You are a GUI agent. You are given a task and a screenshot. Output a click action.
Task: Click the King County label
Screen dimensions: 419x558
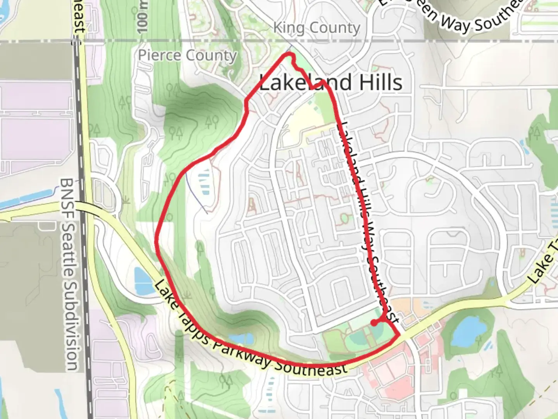pyautogui.click(x=317, y=28)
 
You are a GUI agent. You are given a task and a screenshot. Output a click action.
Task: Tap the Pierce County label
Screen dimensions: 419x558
pyautogui.click(x=188, y=55)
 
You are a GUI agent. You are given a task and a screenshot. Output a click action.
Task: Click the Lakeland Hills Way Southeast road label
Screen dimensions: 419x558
pyautogui.click(x=368, y=222)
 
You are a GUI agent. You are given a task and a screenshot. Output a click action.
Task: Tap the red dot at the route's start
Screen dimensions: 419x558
pyautogui.click(x=373, y=322)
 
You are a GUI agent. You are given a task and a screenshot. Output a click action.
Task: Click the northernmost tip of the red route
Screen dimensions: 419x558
pyautogui.click(x=289, y=55)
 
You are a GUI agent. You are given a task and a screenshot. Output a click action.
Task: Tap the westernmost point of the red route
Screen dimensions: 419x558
pyautogui.click(x=156, y=241)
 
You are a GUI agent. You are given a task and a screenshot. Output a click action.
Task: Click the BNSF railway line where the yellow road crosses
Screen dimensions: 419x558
pyautogui.click(x=82, y=206)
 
